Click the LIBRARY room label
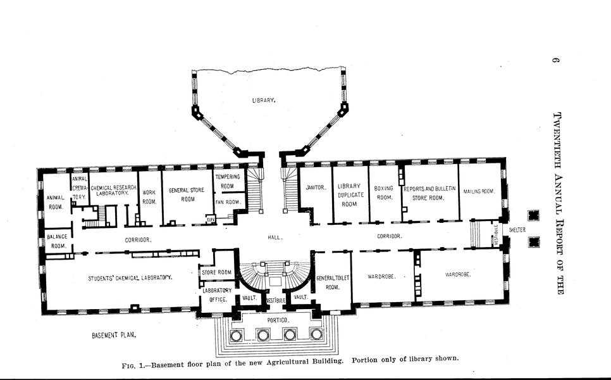tap(264, 100)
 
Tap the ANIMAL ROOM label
tap(55, 203)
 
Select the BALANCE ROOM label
tap(58, 241)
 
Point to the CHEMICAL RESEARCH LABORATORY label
tap(113, 191)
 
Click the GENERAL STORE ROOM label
tap(187, 194)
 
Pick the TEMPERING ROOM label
tap(228, 181)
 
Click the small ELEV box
tap(211, 219)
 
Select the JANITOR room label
tap(316, 187)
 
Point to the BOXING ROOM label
tap(384, 193)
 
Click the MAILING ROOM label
tap(479, 191)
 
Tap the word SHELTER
tap(517, 230)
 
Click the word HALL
tap(275, 237)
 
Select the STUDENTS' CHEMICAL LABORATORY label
tap(130, 278)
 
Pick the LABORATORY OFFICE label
tap(217, 295)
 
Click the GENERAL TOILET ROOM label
tap(333, 282)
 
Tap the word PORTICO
tap(278, 320)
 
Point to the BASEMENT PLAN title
tap(114, 335)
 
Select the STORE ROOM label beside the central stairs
tap(217, 272)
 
